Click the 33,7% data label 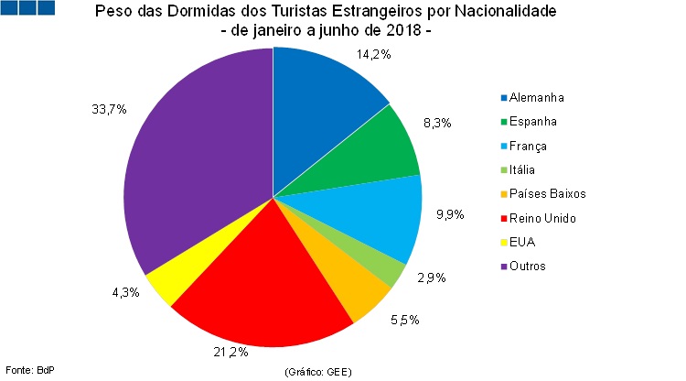tap(109, 109)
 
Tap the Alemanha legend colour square tap(502, 98)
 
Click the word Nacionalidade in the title tap(500, 13)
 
